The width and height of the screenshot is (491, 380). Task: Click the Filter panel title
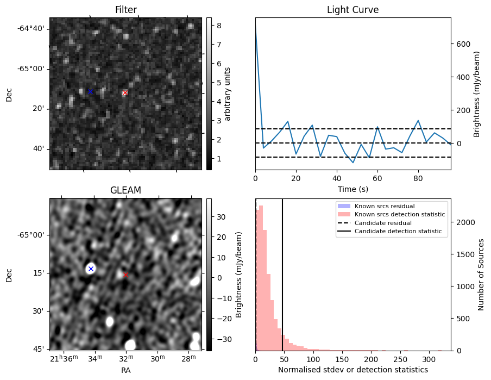click(125, 10)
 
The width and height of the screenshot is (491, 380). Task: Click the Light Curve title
click(352, 10)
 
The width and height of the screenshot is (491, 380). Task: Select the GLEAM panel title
click(125, 190)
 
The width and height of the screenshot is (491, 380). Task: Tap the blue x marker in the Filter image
click(90, 92)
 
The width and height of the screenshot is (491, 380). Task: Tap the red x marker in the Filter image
click(125, 93)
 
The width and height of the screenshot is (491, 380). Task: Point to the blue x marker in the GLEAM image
click(91, 269)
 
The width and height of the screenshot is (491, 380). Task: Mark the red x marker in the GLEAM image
click(125, 275)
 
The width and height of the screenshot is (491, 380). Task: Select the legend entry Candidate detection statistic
click(399, 232)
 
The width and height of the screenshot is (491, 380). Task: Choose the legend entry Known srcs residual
click(385, 206)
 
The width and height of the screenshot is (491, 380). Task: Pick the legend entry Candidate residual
click(383, 223)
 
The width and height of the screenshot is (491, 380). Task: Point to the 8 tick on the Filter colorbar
click(216, 25)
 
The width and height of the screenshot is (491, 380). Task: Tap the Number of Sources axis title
click(481, 275)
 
